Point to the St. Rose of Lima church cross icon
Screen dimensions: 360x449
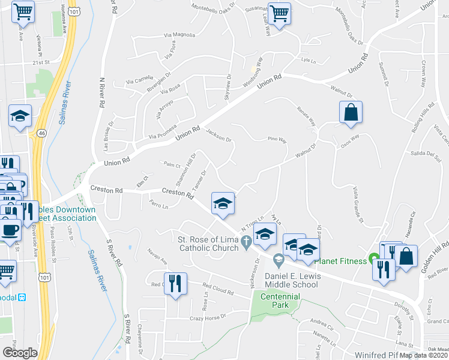pyautogui.click(x=246, y=242)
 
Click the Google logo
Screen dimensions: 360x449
pyautogui.click(x=20, y=353)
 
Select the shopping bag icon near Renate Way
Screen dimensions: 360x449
pyautogui.click(x=351, y=112)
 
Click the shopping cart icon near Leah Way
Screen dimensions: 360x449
pyautogui.click(x=279, y=13)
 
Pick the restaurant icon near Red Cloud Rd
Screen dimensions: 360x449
pyautogui.click(x=175, y=283)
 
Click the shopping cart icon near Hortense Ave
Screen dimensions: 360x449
pyautogui.click(x=23, y=11)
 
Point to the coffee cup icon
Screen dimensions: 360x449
pyautogui.click(x=10, y=230)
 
